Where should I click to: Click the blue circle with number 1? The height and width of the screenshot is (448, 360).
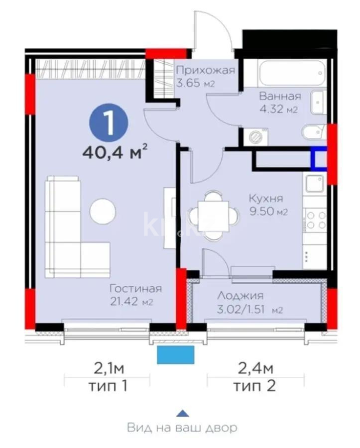[x=108, y=121]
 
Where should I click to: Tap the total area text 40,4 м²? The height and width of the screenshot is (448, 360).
[x=118, y=150]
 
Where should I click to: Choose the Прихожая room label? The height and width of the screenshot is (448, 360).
[x=206, y=70]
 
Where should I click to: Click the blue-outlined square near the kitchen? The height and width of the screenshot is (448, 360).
[x=319, y=159]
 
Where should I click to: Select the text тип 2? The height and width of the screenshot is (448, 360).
[x=254, y=386]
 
